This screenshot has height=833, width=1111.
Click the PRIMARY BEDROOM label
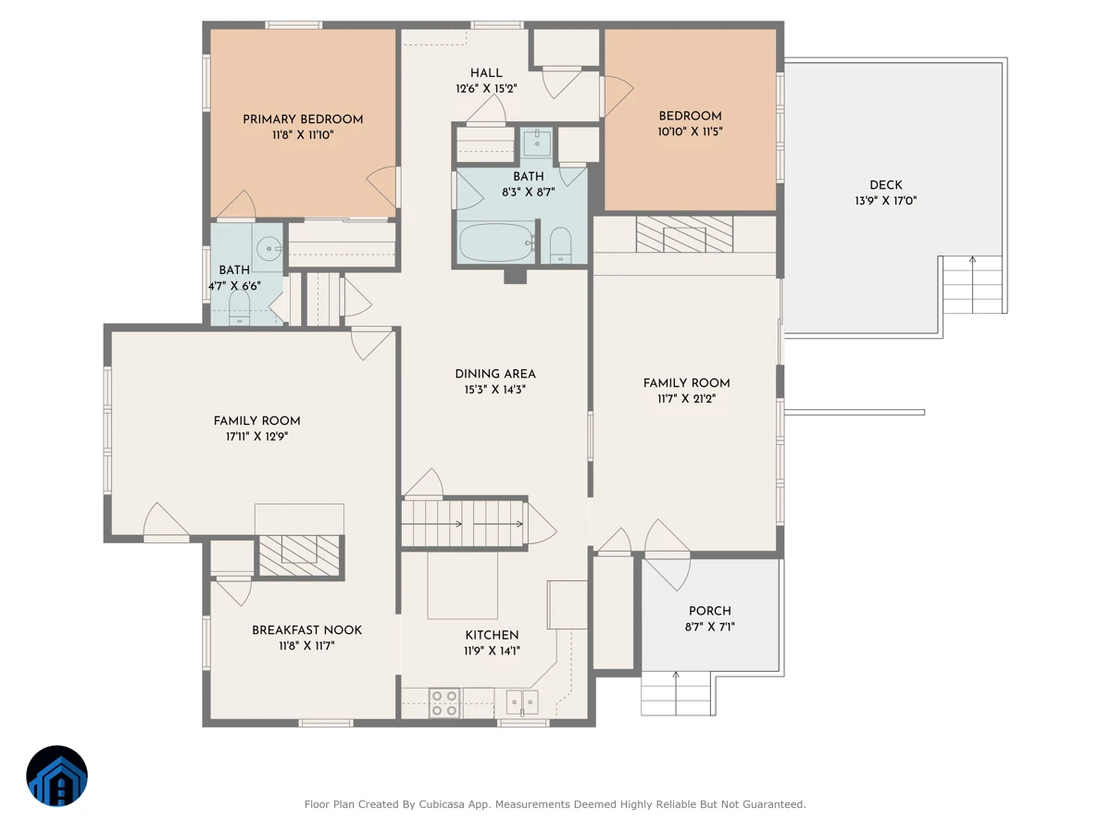[303, 119]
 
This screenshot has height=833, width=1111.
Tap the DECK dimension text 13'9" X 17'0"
[886, 201]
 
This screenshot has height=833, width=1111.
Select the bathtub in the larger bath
[496, 242]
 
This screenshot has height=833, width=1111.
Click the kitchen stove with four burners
[443, 702]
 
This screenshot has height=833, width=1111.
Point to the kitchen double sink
[522, 702]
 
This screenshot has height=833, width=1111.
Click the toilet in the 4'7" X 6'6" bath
[239, 308]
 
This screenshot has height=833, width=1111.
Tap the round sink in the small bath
[268, 248]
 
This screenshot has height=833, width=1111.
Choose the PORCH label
[709, 611]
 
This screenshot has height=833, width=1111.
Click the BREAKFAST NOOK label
[306, 630]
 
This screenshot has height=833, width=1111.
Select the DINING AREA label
[495, 374]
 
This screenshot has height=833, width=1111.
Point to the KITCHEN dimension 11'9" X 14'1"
[492, 651]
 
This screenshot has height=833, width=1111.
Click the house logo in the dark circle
[56, 776]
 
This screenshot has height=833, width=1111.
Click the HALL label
[486, 73]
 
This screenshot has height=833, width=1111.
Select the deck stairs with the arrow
[972, 284]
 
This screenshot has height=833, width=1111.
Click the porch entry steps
[676, 693]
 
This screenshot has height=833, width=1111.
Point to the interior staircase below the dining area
[463, 524]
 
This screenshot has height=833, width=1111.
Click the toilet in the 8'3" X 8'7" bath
[560, 244]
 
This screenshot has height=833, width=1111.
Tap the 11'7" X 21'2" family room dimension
[686, 399]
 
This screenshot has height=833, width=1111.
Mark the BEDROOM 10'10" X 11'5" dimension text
[690, 132]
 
